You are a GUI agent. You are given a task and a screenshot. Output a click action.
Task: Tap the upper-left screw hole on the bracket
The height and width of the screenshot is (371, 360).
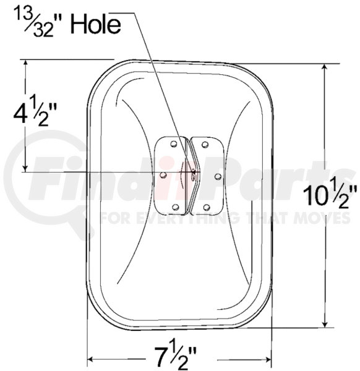point(174,143)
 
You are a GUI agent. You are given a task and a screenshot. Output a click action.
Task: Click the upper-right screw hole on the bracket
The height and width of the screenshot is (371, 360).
point(205,144)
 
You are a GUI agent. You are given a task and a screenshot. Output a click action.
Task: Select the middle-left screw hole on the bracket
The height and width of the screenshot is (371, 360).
point(163,175)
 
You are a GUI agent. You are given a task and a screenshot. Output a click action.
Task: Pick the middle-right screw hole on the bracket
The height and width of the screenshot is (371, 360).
point(218,176)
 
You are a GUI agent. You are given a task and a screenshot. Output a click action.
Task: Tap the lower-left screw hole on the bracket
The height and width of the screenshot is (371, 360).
point(176,207)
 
